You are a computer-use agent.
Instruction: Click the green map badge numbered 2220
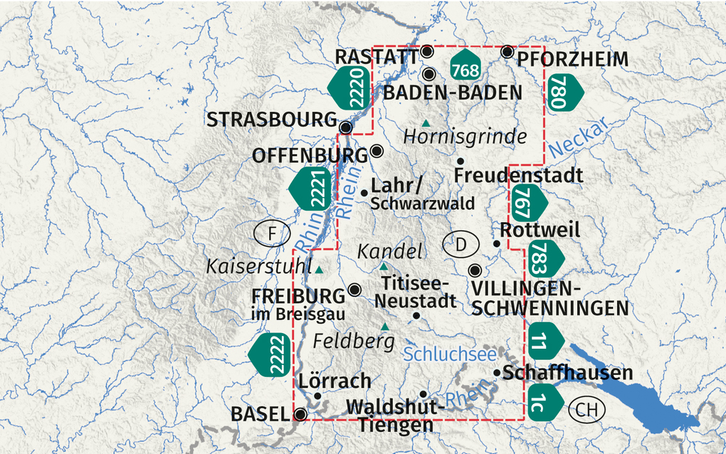click(350, 88)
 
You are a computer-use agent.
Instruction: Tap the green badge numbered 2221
click(311, 189)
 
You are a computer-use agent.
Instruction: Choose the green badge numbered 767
click(527, 202)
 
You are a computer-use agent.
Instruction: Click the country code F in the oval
click(272, 233)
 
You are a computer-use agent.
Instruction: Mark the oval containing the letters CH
click(586, 410)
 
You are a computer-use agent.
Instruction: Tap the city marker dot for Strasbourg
click(346, 127)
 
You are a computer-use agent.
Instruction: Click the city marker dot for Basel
click(301, 414)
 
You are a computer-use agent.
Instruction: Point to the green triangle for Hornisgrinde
click(426, 123)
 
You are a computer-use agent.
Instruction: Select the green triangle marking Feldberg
click(385, 327)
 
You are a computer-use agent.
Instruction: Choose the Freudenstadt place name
click(518, 175)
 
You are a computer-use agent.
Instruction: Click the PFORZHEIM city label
click(573, 58)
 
